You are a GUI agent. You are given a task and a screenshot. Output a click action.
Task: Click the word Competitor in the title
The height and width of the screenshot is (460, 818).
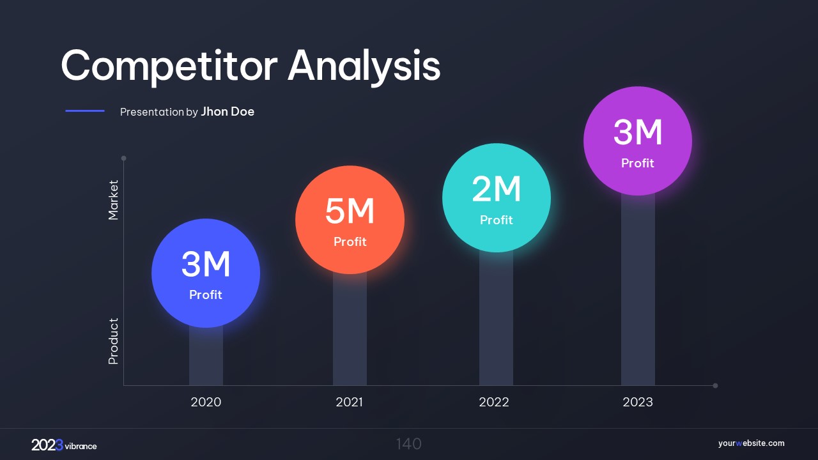169,66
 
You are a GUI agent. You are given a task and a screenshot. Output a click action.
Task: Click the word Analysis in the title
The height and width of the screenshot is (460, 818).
364,66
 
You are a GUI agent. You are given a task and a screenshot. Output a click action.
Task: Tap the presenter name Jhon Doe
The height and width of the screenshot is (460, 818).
228,112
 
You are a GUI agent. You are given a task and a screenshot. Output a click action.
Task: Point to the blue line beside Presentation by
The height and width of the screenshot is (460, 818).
85,111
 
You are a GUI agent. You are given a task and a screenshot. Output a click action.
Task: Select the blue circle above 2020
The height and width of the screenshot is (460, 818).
206,273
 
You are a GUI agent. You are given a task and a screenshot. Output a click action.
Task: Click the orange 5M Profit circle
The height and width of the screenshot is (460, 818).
350,220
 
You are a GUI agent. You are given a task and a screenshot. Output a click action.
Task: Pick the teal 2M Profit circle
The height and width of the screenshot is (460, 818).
497,197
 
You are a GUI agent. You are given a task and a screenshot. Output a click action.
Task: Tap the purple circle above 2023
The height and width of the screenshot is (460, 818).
638,141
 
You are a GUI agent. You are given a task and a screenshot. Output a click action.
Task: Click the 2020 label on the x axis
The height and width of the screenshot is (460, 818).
206,402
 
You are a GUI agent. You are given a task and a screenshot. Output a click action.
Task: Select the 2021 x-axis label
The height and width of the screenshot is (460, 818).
349,402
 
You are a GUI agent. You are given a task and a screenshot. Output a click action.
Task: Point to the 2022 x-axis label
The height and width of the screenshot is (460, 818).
494,402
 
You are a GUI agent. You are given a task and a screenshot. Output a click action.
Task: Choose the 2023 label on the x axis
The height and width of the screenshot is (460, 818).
638,402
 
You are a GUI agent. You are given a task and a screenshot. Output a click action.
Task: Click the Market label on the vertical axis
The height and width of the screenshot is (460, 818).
114,200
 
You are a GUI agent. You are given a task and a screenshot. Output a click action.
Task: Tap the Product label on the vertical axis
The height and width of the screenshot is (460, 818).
114,341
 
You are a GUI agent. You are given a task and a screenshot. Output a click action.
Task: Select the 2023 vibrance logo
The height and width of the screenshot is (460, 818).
64,445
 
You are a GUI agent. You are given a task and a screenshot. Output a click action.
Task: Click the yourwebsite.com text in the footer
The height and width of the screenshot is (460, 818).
751,443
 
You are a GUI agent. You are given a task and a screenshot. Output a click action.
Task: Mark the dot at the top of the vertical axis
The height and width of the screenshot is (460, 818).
123,158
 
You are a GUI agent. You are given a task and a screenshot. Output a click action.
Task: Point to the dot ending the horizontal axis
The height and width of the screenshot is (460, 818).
715,385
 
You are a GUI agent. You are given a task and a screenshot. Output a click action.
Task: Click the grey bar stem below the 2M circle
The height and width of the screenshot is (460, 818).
496,319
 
